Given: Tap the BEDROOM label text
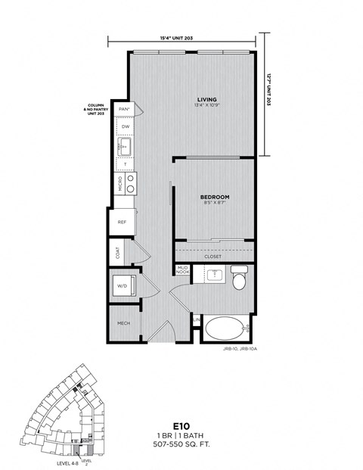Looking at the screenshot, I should [x=214, y=197].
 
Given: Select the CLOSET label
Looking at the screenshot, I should [x=213, y=257].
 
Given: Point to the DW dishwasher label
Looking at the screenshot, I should [x=126, y=126].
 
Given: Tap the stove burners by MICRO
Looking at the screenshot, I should [x=130, y=183].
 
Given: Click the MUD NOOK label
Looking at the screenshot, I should [x=181, y=270].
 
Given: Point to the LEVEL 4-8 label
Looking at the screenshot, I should [x=69, y=462].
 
